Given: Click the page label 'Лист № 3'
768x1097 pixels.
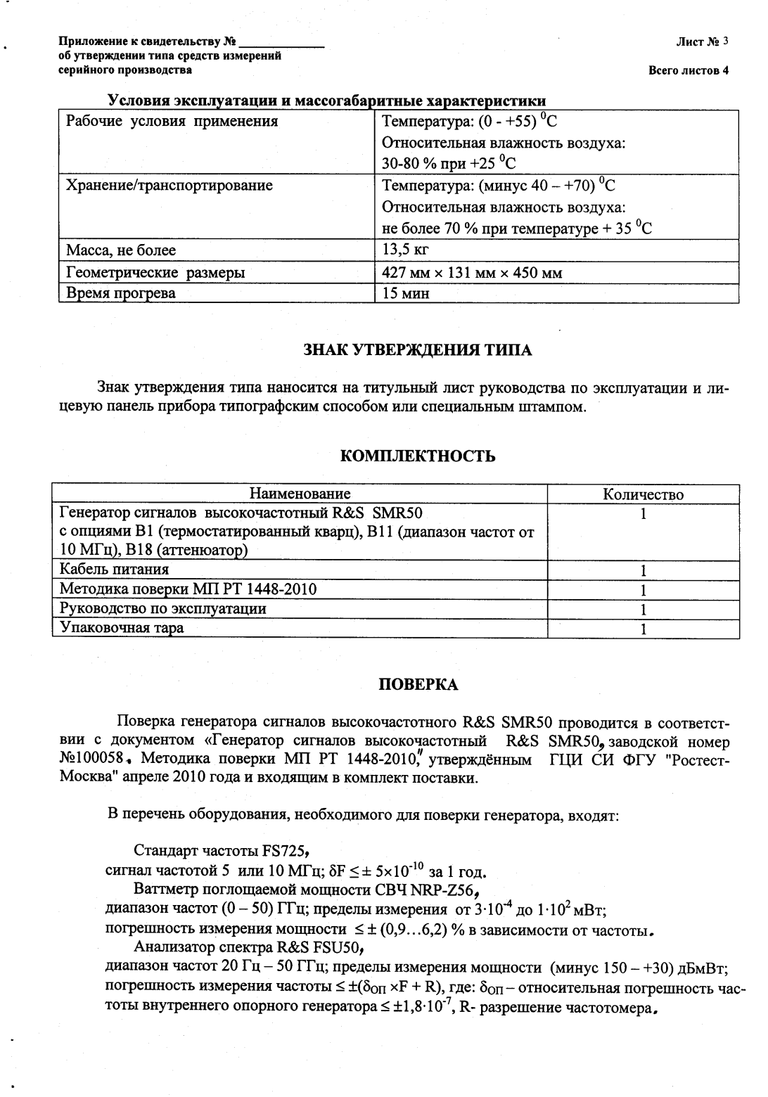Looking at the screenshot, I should click(x=701, y=41).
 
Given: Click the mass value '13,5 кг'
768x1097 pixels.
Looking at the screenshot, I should click(x=405, y=250).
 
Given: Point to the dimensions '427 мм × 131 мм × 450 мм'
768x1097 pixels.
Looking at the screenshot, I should click(x=471, y=273).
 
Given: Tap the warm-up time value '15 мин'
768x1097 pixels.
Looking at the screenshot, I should click(x=405, y=293).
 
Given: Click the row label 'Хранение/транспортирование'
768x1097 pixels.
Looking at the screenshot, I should click(x=169, y=186).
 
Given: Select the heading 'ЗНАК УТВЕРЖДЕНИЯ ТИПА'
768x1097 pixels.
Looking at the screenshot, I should click(x=417, y=349).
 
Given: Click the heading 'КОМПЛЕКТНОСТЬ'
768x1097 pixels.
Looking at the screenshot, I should click(x=417, y=456).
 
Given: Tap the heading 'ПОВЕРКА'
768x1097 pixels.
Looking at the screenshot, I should click(x=418, y=685).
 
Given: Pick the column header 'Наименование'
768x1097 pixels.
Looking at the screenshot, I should click(x=300, y=494).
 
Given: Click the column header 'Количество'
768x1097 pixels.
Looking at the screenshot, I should click(x=643, y=494).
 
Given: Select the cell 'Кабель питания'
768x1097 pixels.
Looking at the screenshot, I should click(x=114, y=569).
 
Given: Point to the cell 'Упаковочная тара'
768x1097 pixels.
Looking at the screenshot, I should click(x=122, y=628).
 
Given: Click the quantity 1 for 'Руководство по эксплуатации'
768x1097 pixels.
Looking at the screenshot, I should click(x=643, y=609).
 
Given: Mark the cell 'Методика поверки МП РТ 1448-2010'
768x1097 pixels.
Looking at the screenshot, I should click(x=188, y=589).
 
